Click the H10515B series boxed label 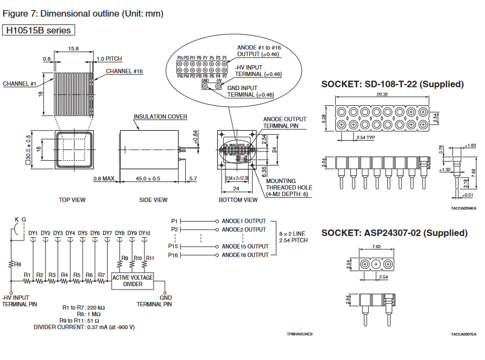click(x=39, y=30)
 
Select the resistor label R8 click(x=17, y=264)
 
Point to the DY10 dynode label click(x=144, y=233)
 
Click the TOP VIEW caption click(x=72, y=200)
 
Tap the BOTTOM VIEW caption click(x=238, y=200)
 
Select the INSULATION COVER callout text click(x=160, y=117)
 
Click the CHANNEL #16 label click(x=124, y=71)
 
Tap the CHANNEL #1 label click(x=20, y=84)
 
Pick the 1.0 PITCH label click(x=109, y=59)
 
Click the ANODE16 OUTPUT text click(x=244, y=255)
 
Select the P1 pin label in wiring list click(x=174, y=221)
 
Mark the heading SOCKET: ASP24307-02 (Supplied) click(x=394, y=233)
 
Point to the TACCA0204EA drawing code click(x=463, y=207)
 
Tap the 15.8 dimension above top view click(x=74, y=48)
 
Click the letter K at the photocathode click(x=17, y=219)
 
